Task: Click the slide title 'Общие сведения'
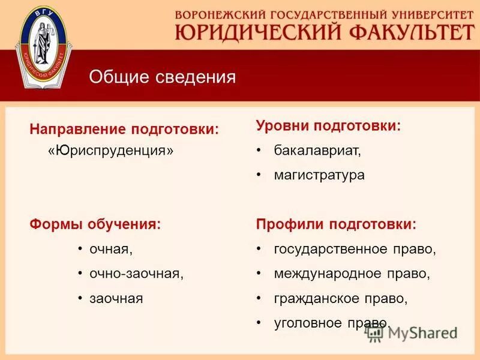point(162,77)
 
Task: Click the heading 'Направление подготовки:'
point(124,130)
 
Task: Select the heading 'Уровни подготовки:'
point(328,126)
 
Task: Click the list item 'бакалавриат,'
point(317,150)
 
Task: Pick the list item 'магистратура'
point(319,175)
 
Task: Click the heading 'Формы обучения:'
point(95,225)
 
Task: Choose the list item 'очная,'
point(111,248)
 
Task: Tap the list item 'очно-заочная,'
point(136,274)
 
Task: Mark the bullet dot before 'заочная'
point(80,298)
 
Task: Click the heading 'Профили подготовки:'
point(336,224)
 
